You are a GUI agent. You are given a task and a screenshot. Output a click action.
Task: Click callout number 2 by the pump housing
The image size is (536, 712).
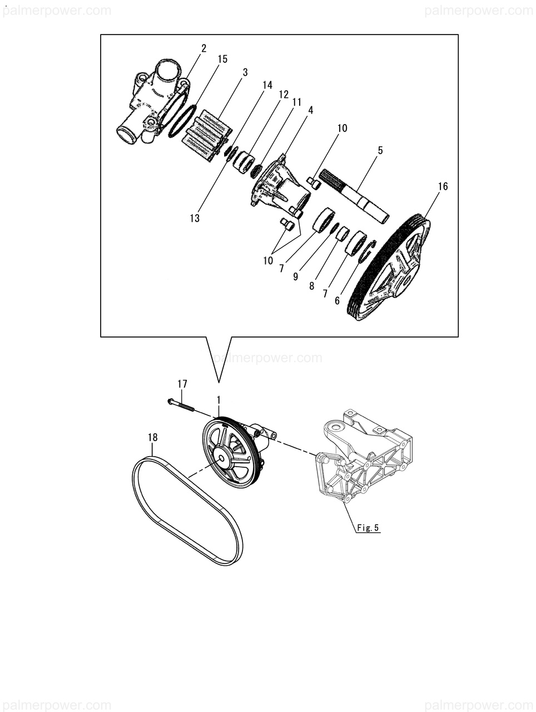pos(204,48)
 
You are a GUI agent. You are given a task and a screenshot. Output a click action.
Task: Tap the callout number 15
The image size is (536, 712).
pos(222,59)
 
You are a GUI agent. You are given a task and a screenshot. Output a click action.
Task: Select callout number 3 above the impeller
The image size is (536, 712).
pos(245,72)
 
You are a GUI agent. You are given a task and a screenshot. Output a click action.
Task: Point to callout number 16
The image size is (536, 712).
pos(443,186)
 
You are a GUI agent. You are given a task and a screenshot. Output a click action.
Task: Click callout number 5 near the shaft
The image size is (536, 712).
pos(380,150)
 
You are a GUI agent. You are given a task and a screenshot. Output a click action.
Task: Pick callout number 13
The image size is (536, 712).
pos(195,218)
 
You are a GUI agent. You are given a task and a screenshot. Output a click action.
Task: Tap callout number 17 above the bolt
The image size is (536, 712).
pos(182,384)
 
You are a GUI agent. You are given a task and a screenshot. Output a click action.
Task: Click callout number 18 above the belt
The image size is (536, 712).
pos(152,438)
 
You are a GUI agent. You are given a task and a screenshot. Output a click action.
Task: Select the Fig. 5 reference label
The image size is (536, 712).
pos(368,528)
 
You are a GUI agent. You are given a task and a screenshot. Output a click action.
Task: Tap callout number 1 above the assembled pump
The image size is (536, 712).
pos(219,400)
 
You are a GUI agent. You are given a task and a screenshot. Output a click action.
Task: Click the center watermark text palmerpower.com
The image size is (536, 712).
pos(268,358)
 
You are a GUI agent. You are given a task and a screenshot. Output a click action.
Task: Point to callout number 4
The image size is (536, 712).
pos(310,110)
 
